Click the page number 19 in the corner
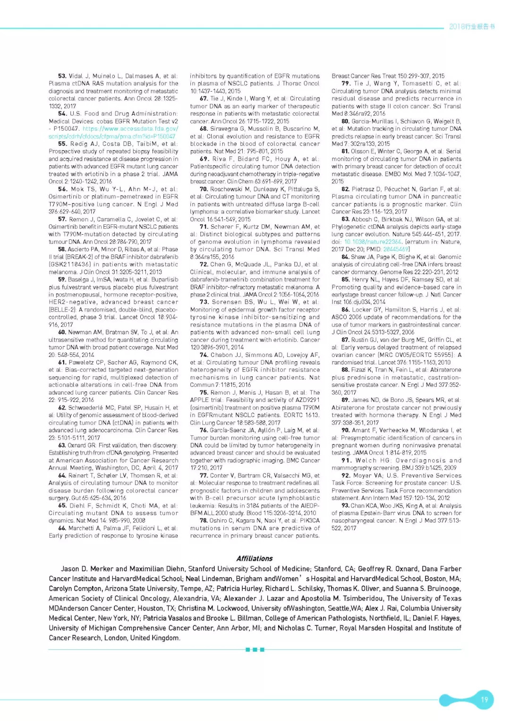coord(484,699)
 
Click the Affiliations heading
coord(255,559)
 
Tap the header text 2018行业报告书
coord(471,26)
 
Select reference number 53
coord(62,76)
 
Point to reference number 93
coord(345,506)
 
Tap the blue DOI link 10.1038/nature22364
coord(373,242)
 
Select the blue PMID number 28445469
coord(396,249)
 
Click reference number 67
coord(204,99)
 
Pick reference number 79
coord(346,84)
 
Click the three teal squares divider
coord(255,650)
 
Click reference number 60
coord(62,332)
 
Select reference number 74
coord(204,355)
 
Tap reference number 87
coord(345,340)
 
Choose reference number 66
coord(62,528)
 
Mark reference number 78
coord(204,521)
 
